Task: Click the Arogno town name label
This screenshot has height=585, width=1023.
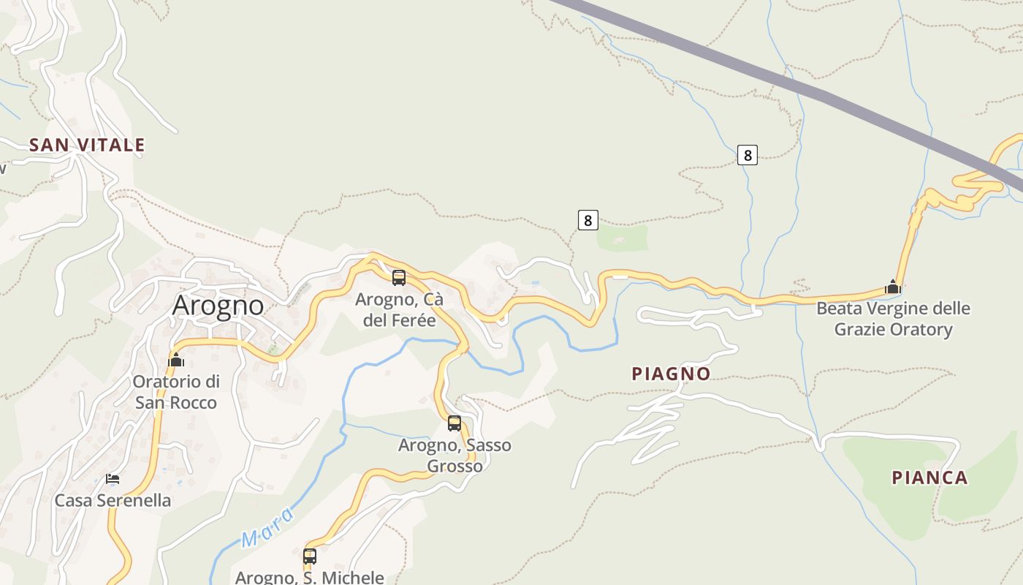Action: point(218,305)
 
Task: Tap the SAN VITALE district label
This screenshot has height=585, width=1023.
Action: point(87,145)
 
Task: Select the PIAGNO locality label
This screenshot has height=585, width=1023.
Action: point(671,374)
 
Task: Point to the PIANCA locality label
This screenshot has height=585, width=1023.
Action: point(929,478)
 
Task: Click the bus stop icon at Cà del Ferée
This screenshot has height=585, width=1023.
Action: point(399,278)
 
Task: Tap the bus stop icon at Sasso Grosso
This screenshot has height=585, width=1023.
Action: point(455,423)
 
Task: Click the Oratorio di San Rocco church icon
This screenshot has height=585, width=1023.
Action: point(176,360)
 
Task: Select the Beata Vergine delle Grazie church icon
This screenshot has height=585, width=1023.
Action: point(892,287)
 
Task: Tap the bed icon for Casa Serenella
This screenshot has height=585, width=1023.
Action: point(113,479)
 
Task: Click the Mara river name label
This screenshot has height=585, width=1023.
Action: point(267,528)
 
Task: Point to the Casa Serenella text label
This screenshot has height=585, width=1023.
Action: point(113,501)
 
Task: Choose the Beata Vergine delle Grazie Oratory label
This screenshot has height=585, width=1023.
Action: point(893,319)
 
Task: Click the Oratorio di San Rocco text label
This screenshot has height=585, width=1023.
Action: point(176,392)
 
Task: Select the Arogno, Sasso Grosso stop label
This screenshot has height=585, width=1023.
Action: point(455,456)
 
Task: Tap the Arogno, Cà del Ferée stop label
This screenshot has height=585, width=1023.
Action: point(399,310)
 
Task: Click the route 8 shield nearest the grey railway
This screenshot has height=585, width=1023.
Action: point(747,155)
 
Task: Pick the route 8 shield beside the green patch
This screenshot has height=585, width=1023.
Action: point(587,219)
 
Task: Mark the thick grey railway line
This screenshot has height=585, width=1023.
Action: point(804,88)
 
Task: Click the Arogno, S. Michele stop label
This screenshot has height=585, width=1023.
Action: point(310,577)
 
